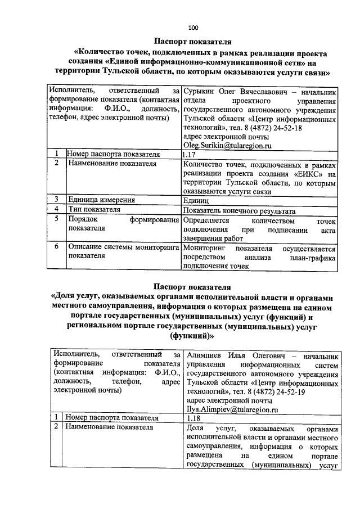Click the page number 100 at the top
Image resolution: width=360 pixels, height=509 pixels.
click(x=193, y=27)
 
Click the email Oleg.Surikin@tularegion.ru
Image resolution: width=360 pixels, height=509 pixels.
click(x=223, y=145)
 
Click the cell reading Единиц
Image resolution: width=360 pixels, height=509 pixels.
click(x=196, y=200)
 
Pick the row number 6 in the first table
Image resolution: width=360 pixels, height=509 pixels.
click(x=57, y=246)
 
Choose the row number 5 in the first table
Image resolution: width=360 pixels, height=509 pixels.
click(x=57, y=219)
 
